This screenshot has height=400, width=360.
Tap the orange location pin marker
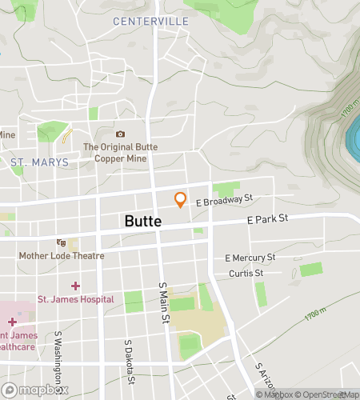point(181,200)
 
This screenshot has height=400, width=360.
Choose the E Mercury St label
point(250,258)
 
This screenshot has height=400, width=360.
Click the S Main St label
point(163,302)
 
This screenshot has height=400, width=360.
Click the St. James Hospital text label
point(76,299)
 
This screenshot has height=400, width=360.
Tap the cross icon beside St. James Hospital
point(76,286)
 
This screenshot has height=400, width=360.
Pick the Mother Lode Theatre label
point(62,256)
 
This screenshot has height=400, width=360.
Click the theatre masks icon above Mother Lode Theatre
point(61,242)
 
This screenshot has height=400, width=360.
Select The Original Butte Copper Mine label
point(120,152)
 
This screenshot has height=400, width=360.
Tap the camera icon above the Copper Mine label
point(120,134)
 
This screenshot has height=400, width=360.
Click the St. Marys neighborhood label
point(39,162)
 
